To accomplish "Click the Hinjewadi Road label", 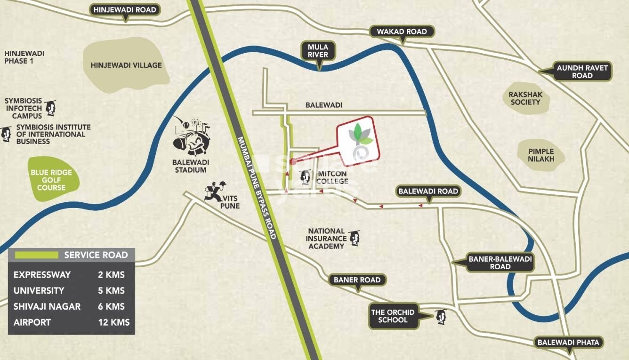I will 125,9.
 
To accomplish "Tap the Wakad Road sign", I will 402,32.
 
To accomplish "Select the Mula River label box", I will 318,51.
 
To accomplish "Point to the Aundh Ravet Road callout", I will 582,72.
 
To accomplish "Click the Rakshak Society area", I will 525,98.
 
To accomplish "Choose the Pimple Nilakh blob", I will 541,155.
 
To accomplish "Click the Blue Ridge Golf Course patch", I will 51,180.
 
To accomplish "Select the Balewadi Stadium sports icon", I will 191,136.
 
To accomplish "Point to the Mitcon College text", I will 332,177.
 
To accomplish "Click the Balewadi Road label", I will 428,191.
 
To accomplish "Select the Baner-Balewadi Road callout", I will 500,263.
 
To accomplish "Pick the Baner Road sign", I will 357,280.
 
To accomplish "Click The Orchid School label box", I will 393,316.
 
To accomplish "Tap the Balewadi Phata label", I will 568,342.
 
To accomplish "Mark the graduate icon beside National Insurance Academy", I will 354,238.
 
